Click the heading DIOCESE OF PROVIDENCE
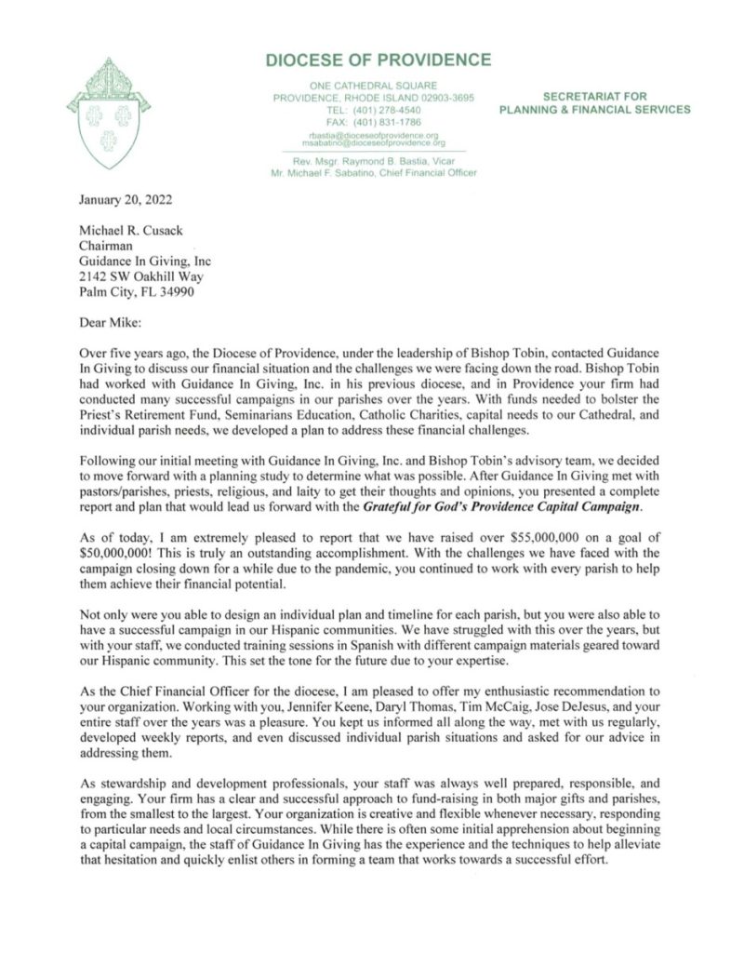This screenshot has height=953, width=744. point(378,61)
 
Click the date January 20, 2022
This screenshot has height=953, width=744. point(118,198)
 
